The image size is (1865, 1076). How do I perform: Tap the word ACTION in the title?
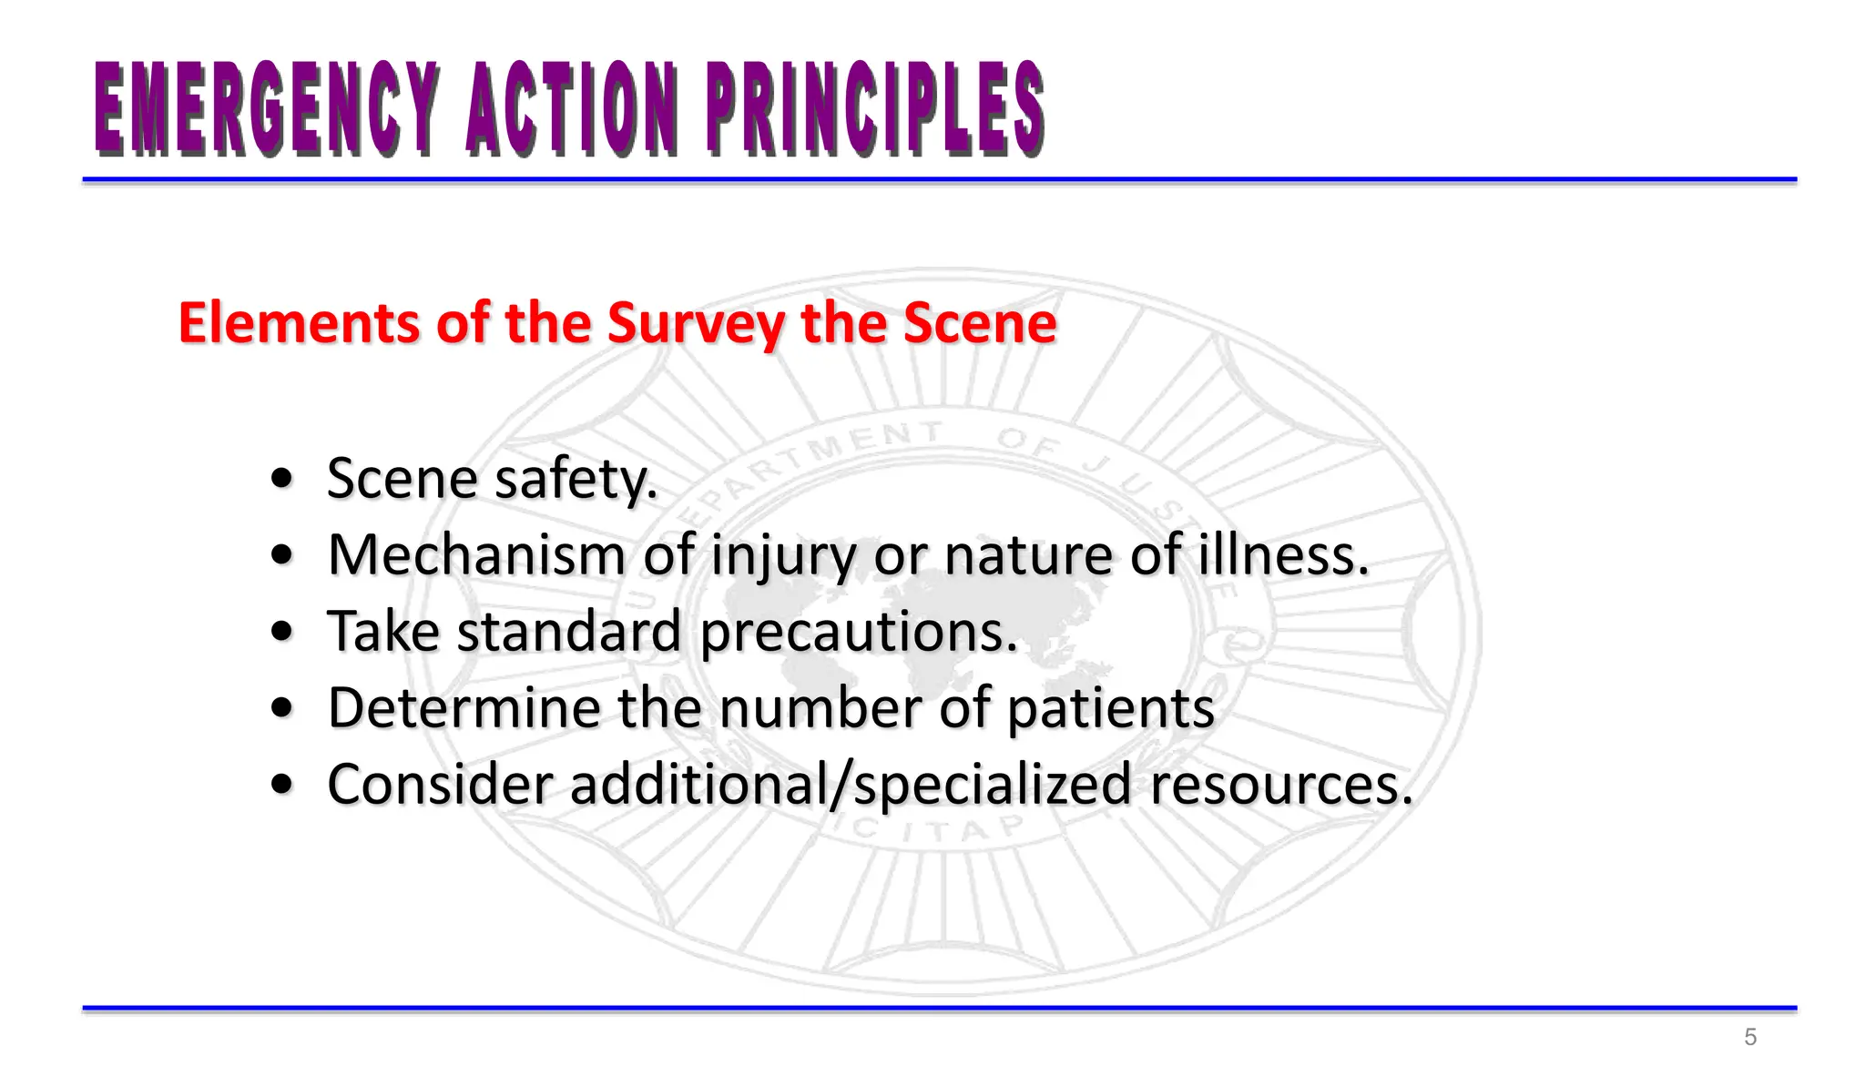tap(572, 108)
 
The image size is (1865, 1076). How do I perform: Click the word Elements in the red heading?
tap(300, 322)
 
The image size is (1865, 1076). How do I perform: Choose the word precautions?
tap(859, 632)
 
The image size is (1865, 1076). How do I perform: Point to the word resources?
tap(1281, 785)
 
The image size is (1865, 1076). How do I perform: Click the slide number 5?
tap(1749, 1037)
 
